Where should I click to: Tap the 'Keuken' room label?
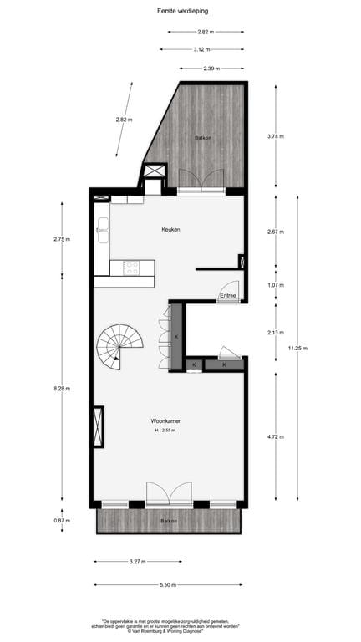(x=170, y=229)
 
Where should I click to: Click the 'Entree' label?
(x=228, y=296)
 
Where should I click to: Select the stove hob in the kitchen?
(x=132, y=267)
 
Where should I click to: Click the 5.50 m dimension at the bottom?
(x=170, y=585)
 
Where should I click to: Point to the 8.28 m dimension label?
(x=62, y=388)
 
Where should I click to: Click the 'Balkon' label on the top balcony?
(x=202, y=137)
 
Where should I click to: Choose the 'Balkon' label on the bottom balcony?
(x=169, y=522)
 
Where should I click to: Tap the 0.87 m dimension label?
(x=62, y=520)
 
